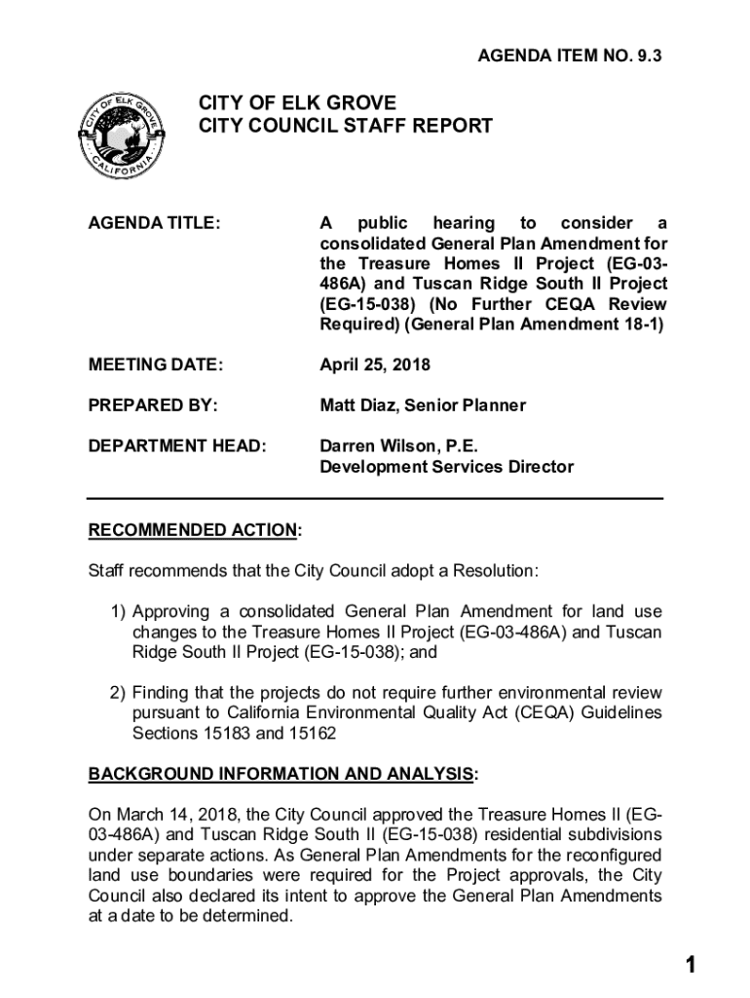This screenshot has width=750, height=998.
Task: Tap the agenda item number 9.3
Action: click(x=570, y=58)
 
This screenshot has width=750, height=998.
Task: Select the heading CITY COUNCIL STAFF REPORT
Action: click(x=346, y=126)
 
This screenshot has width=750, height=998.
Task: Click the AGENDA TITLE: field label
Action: click(x=154, y=223)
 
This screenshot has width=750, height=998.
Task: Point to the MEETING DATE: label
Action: click(x=156, y=365)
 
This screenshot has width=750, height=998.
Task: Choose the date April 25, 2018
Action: click(x=375, y=365)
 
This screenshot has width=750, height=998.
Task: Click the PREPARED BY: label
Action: click(x=153, y=404)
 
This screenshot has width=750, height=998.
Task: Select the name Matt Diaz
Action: click(x=358, y=404)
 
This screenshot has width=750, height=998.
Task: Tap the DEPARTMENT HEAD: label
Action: click(x=177, y=445)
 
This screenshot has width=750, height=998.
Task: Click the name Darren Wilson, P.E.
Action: click(x=399, y=445)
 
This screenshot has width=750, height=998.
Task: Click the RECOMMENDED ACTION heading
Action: click(x=193, y=530)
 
